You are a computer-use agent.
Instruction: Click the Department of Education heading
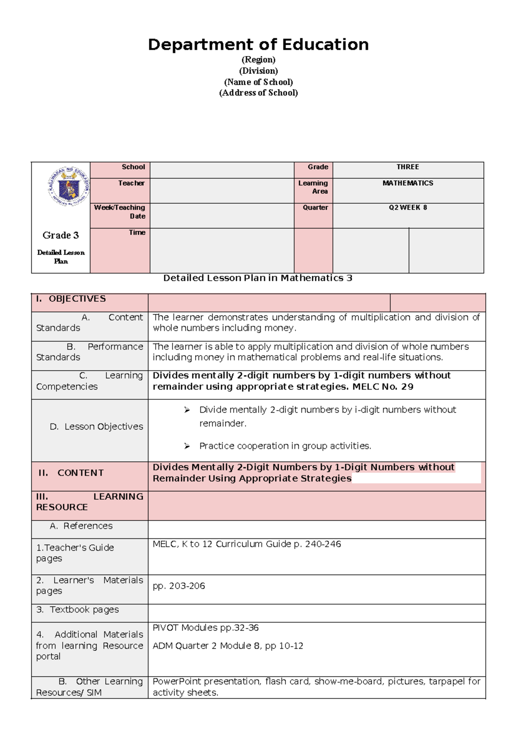coord(258,45)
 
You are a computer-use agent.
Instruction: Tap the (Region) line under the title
coord(258,60)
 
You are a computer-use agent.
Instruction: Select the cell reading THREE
coord(408,167)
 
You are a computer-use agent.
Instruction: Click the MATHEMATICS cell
coord(408,183)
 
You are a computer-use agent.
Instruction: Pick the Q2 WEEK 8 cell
coord(408,207)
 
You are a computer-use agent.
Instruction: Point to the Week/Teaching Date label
coord(120,212)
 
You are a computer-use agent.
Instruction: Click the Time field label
coord(137,232)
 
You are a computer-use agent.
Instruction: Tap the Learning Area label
coord(313,187)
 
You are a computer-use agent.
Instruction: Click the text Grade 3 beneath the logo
coord(61,235)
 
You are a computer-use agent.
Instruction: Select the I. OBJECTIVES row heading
coord(71,299)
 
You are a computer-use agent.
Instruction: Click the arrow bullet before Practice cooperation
coord(187,446)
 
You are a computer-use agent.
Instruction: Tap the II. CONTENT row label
coord(71,473)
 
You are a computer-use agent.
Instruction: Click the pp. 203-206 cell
coord(179,586)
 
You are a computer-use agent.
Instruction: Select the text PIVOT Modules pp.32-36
coord(206,628)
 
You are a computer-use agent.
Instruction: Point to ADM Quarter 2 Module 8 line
coord(228,646)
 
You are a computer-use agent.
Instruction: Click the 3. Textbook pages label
coord(78,609)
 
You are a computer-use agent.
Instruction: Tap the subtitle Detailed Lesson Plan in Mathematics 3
coord(258,278)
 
